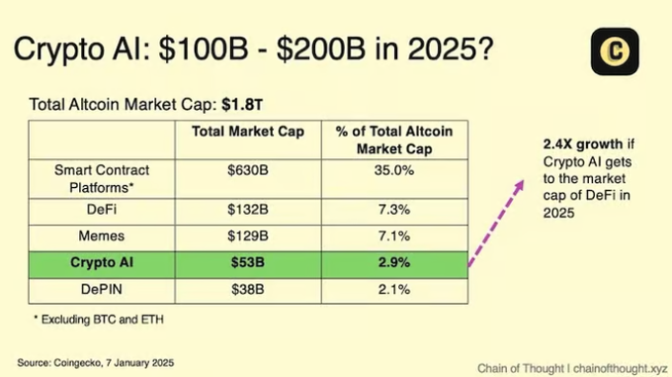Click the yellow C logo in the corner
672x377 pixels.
[615, 51]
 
